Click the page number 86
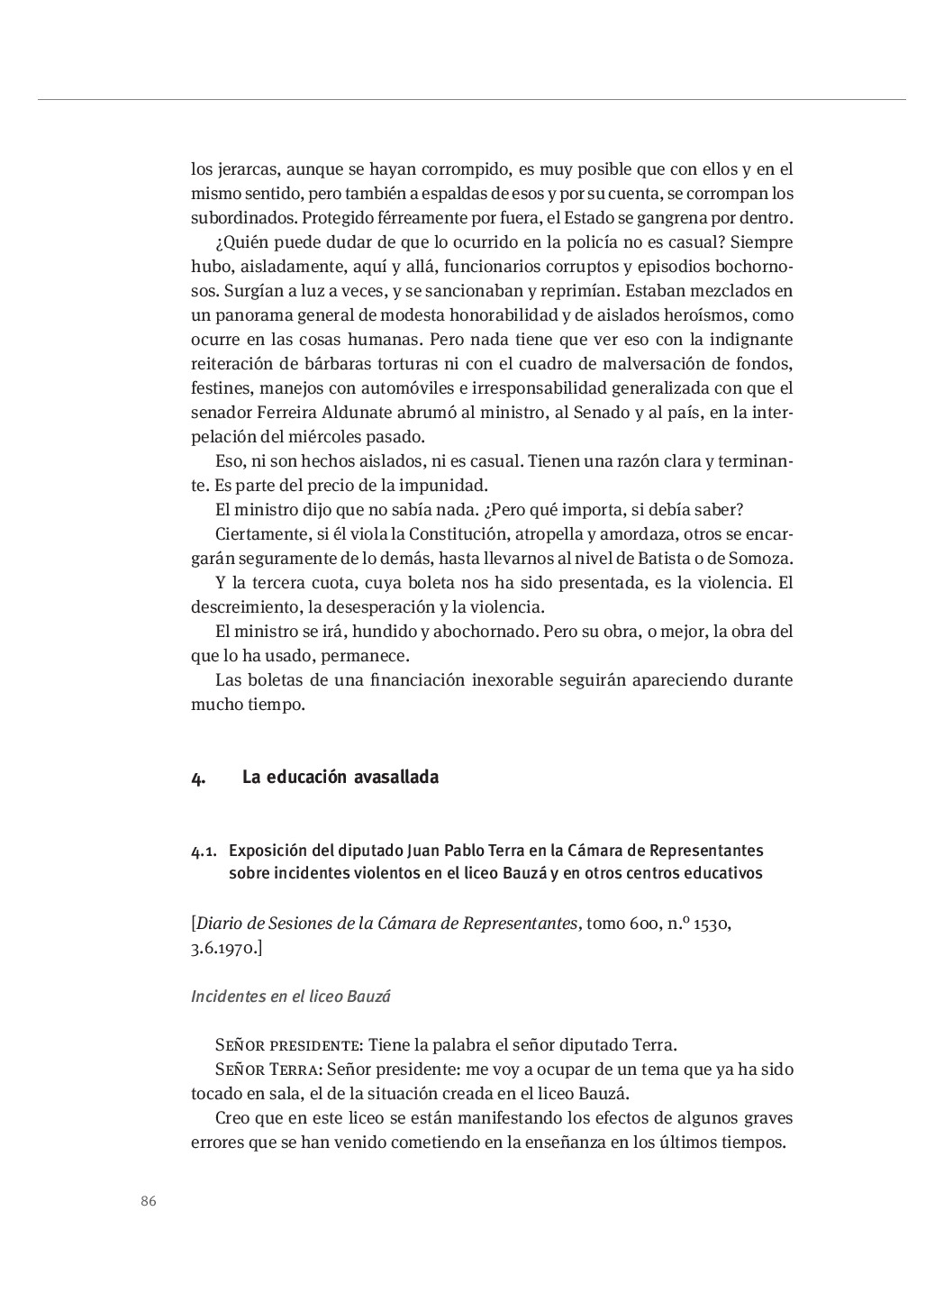click(x=149, y=1201)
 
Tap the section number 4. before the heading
click(x=197, y=778)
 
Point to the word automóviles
click(x=402, y=388)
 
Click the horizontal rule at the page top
click(x=472, y=99)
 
